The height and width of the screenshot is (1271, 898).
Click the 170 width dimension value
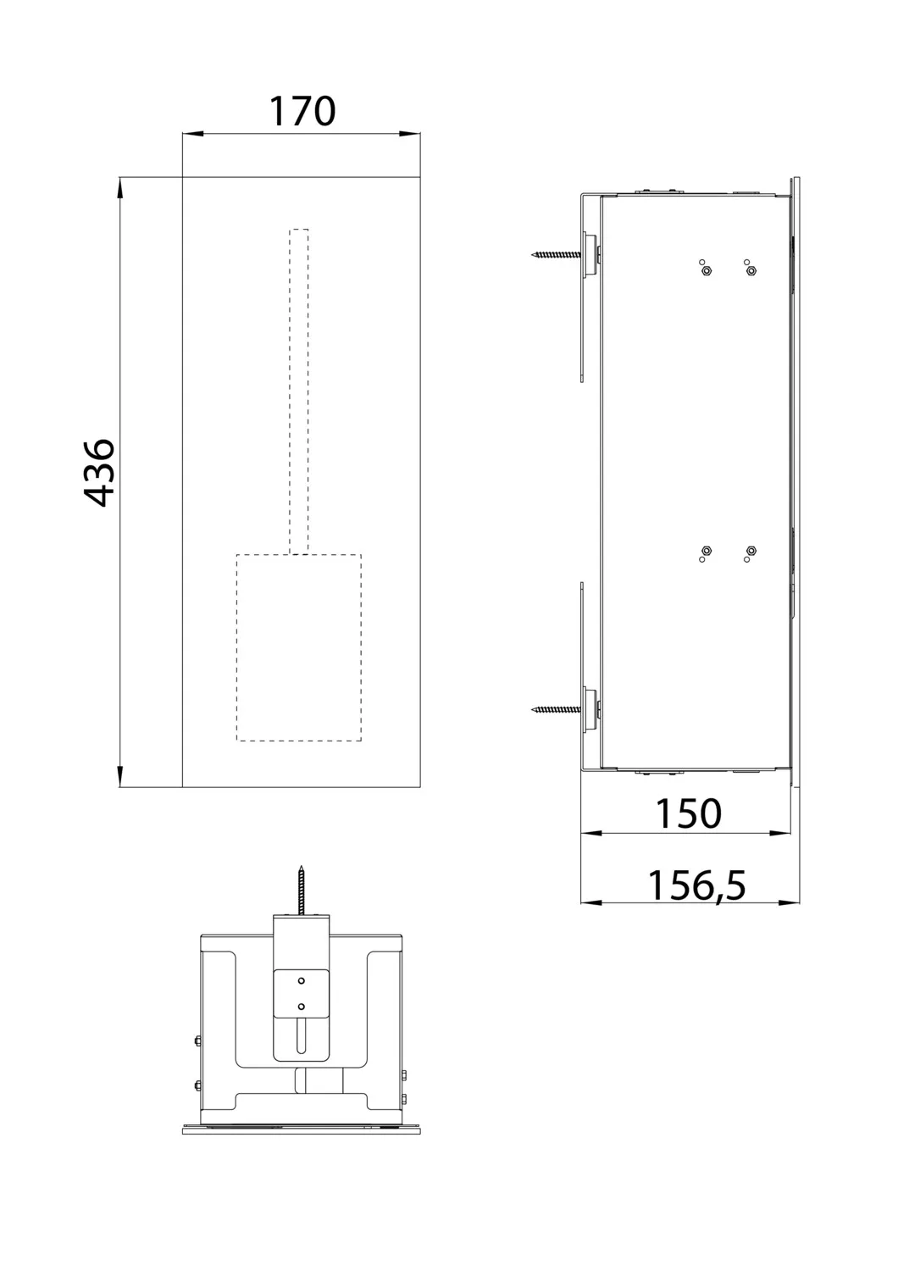(302, 112)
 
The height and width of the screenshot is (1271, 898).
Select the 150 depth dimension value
(689, 813)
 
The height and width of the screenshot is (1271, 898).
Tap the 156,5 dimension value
(696, 885)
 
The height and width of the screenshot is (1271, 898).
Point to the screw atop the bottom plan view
(300, 890)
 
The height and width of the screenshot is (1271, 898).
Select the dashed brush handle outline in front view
(299, 390)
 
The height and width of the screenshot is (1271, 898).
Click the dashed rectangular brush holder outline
(298, 648)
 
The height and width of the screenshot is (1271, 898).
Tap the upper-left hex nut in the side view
(706, 272)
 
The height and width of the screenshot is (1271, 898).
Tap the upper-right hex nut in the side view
(751, 272)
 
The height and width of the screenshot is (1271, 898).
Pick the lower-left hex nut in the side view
(707, 552)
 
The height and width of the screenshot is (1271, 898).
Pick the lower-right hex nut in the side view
(751, 552)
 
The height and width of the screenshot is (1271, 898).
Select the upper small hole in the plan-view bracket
(300, 980)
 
